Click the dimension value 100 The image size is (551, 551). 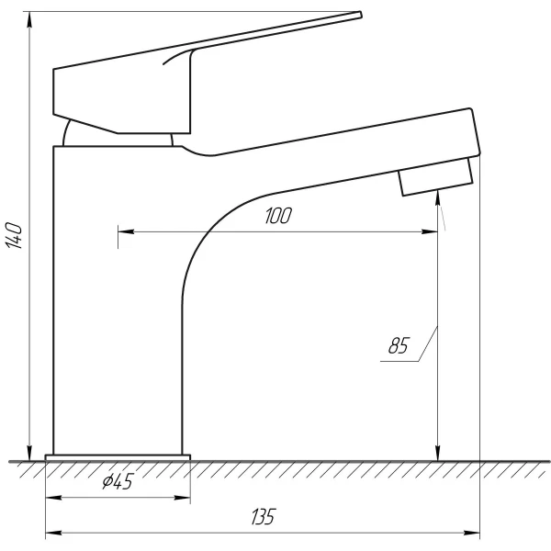point(278,217)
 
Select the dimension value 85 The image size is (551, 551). point(398,346)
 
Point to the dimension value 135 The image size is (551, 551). point(263,517)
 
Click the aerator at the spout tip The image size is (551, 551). point(435,176)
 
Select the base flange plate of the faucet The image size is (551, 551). point(118,455)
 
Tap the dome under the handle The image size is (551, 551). point(118,135)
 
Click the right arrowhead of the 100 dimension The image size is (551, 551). point(431,231)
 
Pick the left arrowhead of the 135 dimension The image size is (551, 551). point(51,533)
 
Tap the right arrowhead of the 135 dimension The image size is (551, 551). point(475,533)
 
